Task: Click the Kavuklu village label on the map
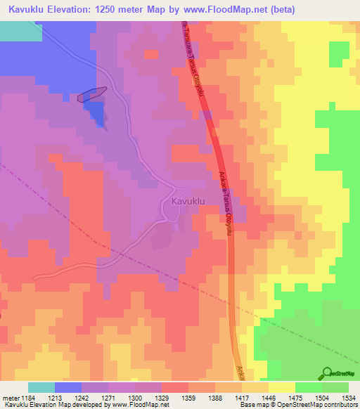coord(188,201)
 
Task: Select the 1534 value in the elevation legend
coord(348,398)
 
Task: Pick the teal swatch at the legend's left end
coord(41,387)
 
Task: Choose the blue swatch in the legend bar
coord(68,387)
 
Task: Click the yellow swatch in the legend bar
coord(282,387)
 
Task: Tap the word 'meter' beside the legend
coord(11,398)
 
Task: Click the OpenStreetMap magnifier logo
coord(327,373)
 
